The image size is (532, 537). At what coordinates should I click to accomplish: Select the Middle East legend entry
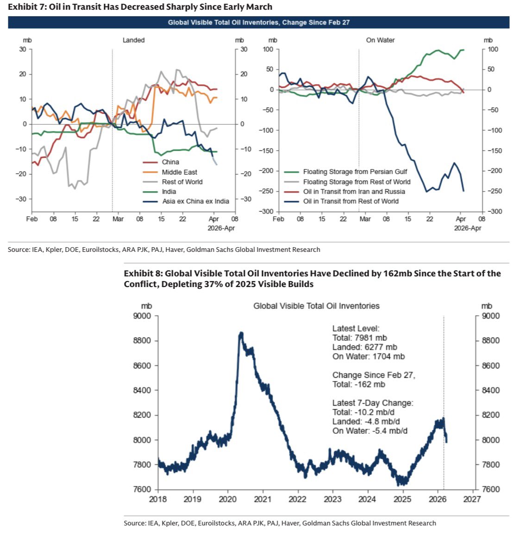click(x=179, y=172)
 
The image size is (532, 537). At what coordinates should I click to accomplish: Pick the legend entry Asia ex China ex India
click(x=195, y=201)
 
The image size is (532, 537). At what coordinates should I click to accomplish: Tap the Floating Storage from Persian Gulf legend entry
click(x=355, y=172)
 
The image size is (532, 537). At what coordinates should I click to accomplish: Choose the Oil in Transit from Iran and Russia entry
click(x=354, y=192)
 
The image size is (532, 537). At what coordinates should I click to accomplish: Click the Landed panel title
click(x=133, y=40)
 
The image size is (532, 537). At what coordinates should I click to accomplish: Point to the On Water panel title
click(x=380, y=40)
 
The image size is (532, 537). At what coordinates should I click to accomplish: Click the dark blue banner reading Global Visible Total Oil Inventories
click(x=258, y=22)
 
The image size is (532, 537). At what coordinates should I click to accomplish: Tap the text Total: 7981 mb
click(x=359, y=338)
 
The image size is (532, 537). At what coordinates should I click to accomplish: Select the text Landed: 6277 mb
click(x=364, y=347)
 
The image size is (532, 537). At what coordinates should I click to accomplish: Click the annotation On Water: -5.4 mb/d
click(x=369, y=431)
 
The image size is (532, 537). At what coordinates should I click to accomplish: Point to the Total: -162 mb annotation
click(x=358, y=385)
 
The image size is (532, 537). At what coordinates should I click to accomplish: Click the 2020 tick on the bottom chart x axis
click(x=227, y=499)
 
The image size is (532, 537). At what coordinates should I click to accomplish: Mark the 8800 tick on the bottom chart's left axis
click(x=143, y=341)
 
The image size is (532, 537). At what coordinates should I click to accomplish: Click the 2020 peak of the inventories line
click(x=241, y=333)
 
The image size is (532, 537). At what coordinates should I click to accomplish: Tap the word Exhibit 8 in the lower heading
click(x=142, y=273)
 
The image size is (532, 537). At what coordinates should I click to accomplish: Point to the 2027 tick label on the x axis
click(x=472, y=499)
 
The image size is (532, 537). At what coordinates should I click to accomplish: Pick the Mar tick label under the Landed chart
click(x=118, y=219)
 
